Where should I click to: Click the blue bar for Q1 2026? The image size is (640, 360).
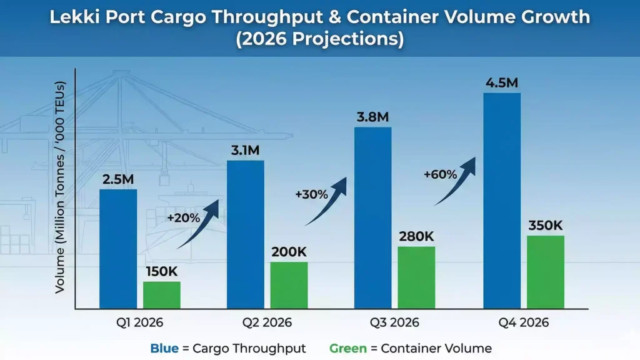[118, 249]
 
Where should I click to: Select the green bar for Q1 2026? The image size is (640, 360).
[161, 295]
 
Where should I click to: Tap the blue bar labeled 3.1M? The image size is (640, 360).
[245, 234]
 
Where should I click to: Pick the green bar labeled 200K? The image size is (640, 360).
[289, 285]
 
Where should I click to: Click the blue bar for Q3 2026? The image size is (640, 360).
[372, 217]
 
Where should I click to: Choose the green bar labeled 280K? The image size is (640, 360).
[416, 277]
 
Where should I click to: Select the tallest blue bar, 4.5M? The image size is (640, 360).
[502, 200]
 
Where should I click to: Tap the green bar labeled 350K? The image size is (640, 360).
[546, 272]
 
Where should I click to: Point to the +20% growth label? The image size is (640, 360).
[183, 218]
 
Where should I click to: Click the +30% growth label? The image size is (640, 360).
[311, 194]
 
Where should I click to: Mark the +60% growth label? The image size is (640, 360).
[439, 174]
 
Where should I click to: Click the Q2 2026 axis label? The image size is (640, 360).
[267, 323]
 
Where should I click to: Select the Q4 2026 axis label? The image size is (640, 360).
[524, 323]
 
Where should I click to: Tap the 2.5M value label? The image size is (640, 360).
[118, 180]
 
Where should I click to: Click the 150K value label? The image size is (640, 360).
[162, 272]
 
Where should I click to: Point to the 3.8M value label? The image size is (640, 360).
[372, 117]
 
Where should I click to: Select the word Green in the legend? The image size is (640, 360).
[347, 348]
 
